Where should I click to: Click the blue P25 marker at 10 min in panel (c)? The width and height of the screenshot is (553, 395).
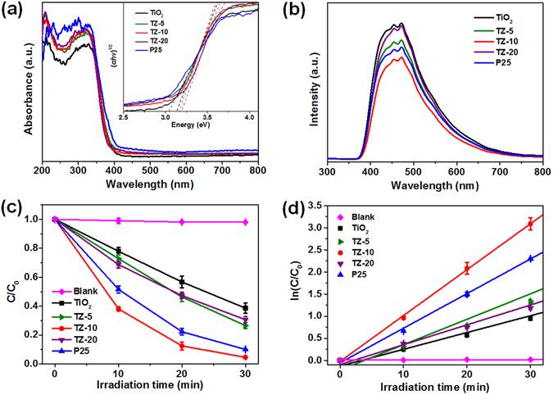[x=118, y=288]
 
